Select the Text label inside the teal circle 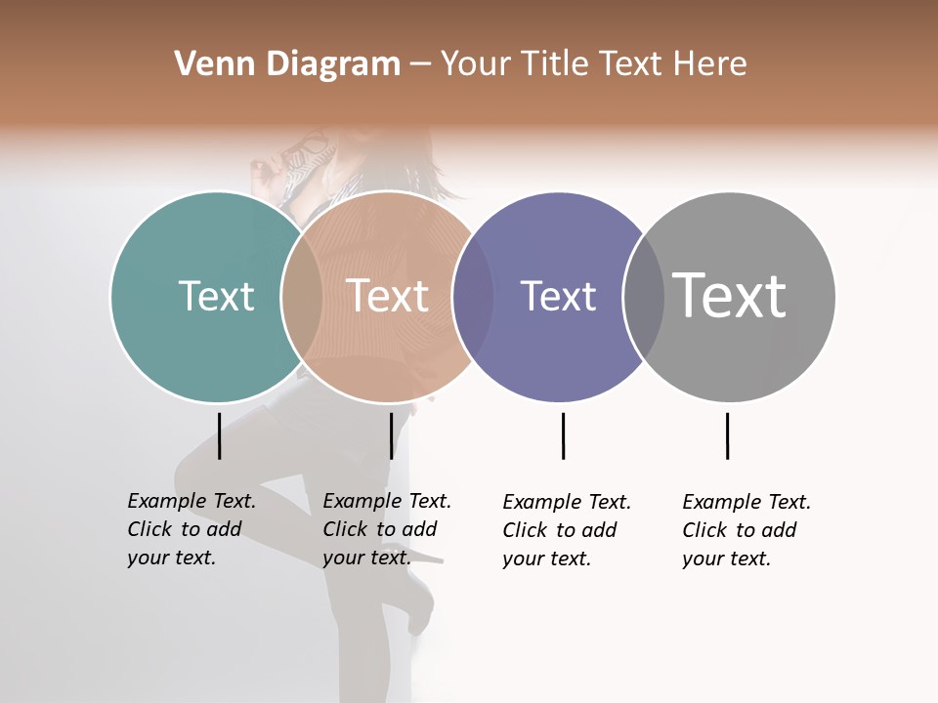point(216,296)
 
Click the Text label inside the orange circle point(387,296)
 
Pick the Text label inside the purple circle point(558,296)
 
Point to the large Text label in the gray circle point(730,296)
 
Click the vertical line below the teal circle point(219,435)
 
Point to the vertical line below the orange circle point(391,435)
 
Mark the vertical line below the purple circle point(563,435)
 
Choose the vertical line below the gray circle point(727,435)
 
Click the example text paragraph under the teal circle point(192,529)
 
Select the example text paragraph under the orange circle point(387,529)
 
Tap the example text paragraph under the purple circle point(567,530)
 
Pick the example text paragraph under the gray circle point(746,530)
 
